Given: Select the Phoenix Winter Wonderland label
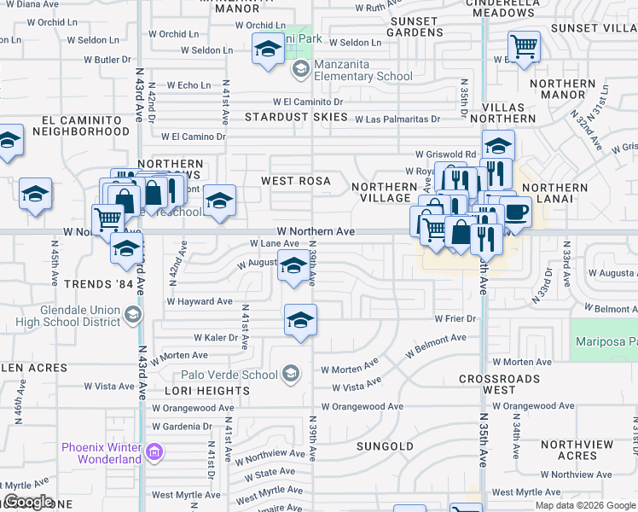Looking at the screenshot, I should (101, 453).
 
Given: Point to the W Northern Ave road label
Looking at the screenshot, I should (316, 231).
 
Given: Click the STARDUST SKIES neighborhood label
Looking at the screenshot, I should (296, 116).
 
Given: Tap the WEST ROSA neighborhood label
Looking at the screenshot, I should (295, 181).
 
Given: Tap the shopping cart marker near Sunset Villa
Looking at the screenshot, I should (524, 45).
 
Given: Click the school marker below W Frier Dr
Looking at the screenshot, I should (299, 321).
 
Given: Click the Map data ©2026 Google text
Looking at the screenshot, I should (584, 505).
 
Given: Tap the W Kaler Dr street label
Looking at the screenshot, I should (215, 338).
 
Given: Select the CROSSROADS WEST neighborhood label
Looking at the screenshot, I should (499, 384).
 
